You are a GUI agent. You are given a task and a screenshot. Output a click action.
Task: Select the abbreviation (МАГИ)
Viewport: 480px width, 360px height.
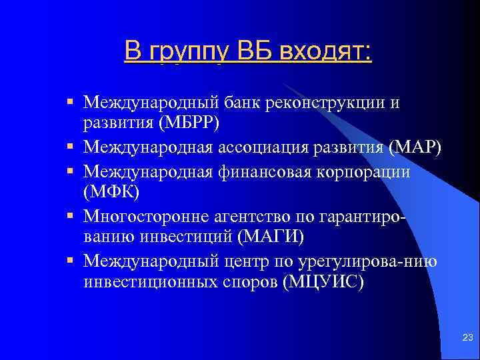(271, 238)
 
